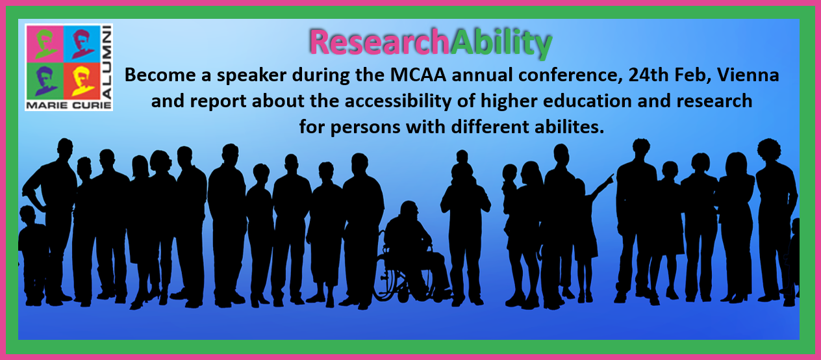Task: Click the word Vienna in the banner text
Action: click(748, 75)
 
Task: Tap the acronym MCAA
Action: click(418, 75)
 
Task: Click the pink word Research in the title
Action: click(379, 42)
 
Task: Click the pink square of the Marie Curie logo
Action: click(45, 44)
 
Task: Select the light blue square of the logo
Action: click(82, 44)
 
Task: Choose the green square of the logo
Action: click(45, 81)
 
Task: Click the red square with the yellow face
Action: click(82, 81)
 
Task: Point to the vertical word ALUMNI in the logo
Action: click(107, 62)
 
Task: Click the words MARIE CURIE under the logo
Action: click(69, 105)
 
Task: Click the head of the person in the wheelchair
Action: click(409, 210)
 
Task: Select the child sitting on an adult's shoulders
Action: click(462, 165)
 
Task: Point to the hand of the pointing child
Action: click(611, 179)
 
